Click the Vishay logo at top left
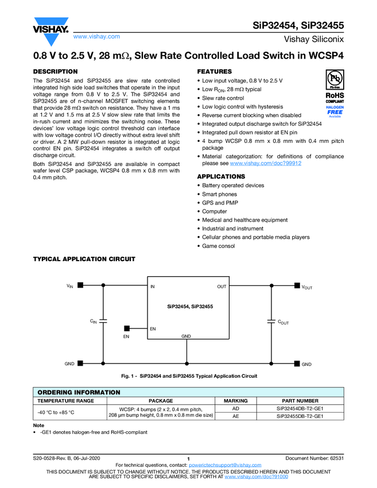(x=50, y=29)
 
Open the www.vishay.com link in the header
(x=96, y=36)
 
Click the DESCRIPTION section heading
(x=56, y=72)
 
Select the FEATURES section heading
(x=214, y=72)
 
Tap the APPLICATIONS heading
(x=221, y=176)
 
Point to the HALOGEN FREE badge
(x=335, y=111)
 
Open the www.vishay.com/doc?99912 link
(x=265, y=163)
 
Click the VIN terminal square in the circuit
(x=81, y=285)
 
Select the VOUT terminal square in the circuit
(x=297, y=285)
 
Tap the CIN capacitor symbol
(x=104, y=322)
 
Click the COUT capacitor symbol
(x=271, y=322)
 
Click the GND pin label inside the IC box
(x=186, y=336)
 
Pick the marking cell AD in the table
(x=235, y=408)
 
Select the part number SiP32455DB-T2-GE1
(x=300, y=416)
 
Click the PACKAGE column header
(x=161, y=400)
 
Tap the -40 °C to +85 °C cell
(x=56, y=412)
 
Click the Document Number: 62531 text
(x=314, y=458)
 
